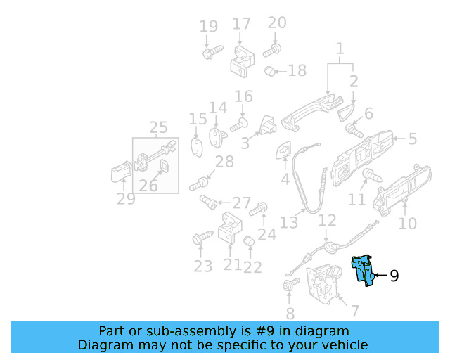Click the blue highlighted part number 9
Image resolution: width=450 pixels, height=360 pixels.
pyautogui.click(x=363, y=271)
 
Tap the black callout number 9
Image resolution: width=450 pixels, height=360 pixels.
pyautogui.click(x=394, y=276)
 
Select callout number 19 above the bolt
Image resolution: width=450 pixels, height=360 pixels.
pyautogui.click(x=209, y=27)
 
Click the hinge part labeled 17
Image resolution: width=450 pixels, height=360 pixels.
pyautogui.click(x=243, y=61)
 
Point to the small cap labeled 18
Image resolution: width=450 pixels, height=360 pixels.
pyautogui.click(x=270, y=71)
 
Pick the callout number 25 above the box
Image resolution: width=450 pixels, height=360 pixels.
pyautogui.click(x=158, y=127)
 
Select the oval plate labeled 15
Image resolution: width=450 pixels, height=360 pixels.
pyautogui.click(x=197, y=147)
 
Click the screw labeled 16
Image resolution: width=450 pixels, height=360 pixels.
pyautogui.click(x=239, y=125)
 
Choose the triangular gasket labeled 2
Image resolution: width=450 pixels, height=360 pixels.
pyautogui.click(x=346, y=112)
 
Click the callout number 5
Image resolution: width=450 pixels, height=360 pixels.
pyautogui.click(x=413, y=139)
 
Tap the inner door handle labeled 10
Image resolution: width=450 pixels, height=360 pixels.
pyautogui.click(x=402, y=191)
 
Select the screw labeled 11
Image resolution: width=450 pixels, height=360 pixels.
pyautogui.click(x=372, y=175)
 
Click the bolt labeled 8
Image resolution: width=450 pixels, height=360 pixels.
pyautogui.click(x=291, y=284)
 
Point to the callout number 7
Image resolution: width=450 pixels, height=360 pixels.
pyautogui.click(x=355, y=311)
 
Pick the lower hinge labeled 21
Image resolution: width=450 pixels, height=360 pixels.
pyautogui.click(x=230, y=228)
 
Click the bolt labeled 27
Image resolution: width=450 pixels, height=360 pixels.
pyautogui.click(x=208, y=202)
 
